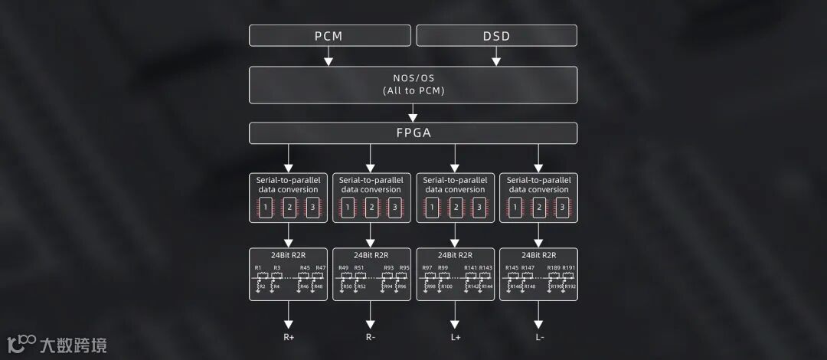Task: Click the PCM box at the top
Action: [329, 36]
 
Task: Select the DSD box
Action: [496, 36]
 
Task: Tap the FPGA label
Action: [413, 133]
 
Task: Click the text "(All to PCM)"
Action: [413, 90]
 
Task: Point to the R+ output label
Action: [289, 337]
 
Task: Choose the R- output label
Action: [371, 337]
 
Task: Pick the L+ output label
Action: [455, 337]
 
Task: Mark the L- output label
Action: [539, 337]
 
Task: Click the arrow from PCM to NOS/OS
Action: [329, 57]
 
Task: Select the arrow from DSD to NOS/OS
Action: [496, 57]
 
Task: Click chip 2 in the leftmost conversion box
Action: [289, 208]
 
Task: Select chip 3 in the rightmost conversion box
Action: [562, 208]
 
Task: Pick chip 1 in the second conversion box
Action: [348, 208]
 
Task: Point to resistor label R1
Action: [259, 267]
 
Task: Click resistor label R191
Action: [568, 267]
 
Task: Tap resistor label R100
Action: [447, 286]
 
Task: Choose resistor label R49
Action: [343, 267]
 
